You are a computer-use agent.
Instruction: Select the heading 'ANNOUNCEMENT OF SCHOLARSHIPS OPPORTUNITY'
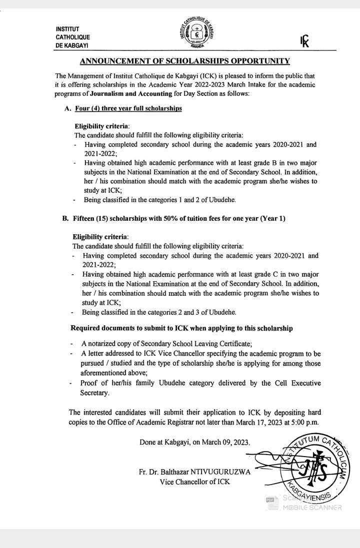[184, 61]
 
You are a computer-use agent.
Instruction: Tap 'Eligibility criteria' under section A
[101, 127]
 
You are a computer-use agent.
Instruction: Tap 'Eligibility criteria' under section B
[100, 237]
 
